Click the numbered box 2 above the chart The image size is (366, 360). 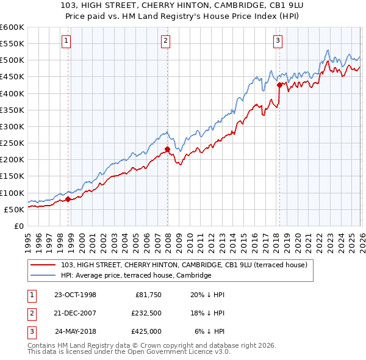click(165, 41)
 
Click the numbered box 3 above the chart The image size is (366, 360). click(278, 41)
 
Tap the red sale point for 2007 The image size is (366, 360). click(167, 148)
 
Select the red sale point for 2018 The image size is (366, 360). click(279, 85)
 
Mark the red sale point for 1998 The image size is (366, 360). click(68, 198)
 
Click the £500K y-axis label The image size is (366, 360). click(12, 60)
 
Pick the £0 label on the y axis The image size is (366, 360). click(18, 226)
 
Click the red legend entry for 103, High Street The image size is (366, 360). click(187, 264)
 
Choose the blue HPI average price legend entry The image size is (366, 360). click(135, 275)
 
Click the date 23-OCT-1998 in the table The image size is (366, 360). click(75, 294)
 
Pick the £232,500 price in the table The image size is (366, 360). click(146, 313)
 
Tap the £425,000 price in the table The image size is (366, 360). click(146, 331)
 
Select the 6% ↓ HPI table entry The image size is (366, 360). click(209, 331)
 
